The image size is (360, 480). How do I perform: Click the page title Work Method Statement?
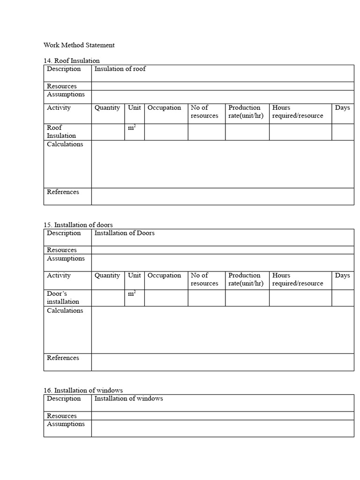[79, 45]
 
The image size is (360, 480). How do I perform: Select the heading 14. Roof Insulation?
[71, 60]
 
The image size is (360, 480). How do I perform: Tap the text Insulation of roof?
[120, 69]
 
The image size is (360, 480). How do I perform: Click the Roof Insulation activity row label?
[61, 132]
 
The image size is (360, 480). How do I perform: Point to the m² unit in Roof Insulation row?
[132, 128]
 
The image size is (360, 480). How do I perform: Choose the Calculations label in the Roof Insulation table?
[65, 144]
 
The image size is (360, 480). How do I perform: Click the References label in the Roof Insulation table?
[63, 192]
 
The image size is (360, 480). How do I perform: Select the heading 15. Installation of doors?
[78, 225]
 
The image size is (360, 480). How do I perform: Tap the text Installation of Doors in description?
[124, 233]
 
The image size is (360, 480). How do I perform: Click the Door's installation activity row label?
[63, 298]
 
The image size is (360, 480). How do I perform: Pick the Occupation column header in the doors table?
[164, 276]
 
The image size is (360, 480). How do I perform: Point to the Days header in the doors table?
[342, 276]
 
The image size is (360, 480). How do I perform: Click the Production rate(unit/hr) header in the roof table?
[246, 112]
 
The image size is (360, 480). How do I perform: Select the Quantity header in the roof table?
[107, 108]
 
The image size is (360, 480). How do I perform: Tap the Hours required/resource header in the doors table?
[297, 279]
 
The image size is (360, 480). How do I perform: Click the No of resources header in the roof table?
[204, 112]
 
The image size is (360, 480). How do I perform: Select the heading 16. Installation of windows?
[83, 390]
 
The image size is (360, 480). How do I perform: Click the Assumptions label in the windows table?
[66, 424]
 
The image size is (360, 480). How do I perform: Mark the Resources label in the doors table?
[62, 250]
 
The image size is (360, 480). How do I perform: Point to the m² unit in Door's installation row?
[132, 294]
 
